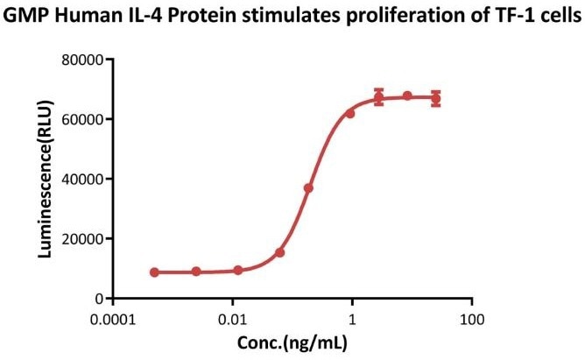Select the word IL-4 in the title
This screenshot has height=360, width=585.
point(143,17)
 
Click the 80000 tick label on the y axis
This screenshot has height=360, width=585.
point(86,60)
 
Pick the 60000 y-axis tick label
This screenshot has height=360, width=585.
point(86,119)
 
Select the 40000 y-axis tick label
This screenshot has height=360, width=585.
point(86,179)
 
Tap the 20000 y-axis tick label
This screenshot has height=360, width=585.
point(86,238)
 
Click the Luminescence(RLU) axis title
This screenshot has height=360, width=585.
point(44,179)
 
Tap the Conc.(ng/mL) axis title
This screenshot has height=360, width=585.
point(292,340)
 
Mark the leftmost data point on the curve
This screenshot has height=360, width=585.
point(155,272)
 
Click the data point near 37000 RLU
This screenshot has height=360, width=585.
point(308,188)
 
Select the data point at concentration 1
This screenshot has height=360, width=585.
point(350,114)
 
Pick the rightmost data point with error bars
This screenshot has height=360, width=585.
point(436,98)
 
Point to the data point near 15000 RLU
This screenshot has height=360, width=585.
point(280,252)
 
